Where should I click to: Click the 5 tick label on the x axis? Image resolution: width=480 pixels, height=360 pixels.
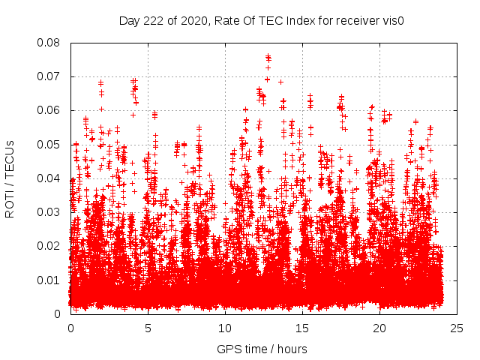148,328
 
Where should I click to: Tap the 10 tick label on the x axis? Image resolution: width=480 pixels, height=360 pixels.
226,328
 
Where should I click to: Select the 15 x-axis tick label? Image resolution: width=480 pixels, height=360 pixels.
303,328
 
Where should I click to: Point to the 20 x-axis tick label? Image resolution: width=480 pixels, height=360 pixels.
380,328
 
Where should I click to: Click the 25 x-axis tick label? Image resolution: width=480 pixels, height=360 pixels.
457,328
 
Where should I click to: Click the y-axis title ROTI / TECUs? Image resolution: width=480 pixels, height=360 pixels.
10,178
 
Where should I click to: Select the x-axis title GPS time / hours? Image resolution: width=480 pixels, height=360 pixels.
262,349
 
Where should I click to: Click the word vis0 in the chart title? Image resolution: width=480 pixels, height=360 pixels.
393,20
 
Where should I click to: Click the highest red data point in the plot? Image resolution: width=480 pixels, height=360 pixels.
268,56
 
